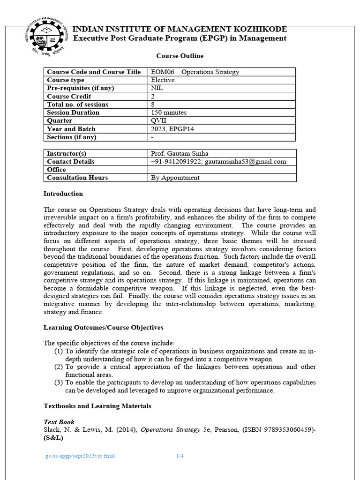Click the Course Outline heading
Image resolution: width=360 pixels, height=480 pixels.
(180, 56)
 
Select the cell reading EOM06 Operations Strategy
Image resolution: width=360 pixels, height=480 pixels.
(195, 72)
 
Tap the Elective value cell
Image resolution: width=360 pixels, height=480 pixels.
(162, 80)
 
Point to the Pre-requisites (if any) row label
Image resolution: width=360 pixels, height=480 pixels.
(80, 88)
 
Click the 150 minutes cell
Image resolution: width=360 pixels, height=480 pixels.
(169, 112)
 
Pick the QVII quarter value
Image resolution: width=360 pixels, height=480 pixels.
(159, 120)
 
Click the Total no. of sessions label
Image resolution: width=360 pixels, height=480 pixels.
(77, 105)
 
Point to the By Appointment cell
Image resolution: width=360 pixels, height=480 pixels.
(175, 178)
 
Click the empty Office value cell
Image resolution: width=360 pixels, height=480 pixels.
(221, 170)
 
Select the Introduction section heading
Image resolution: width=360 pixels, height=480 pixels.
(63, 194)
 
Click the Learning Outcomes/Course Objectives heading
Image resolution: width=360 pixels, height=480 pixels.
(103, 327)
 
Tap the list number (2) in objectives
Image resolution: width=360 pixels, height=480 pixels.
(58, 367)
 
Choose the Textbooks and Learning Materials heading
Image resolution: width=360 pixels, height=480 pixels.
(97, 406)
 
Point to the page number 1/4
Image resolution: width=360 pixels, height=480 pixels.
(180, 456)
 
